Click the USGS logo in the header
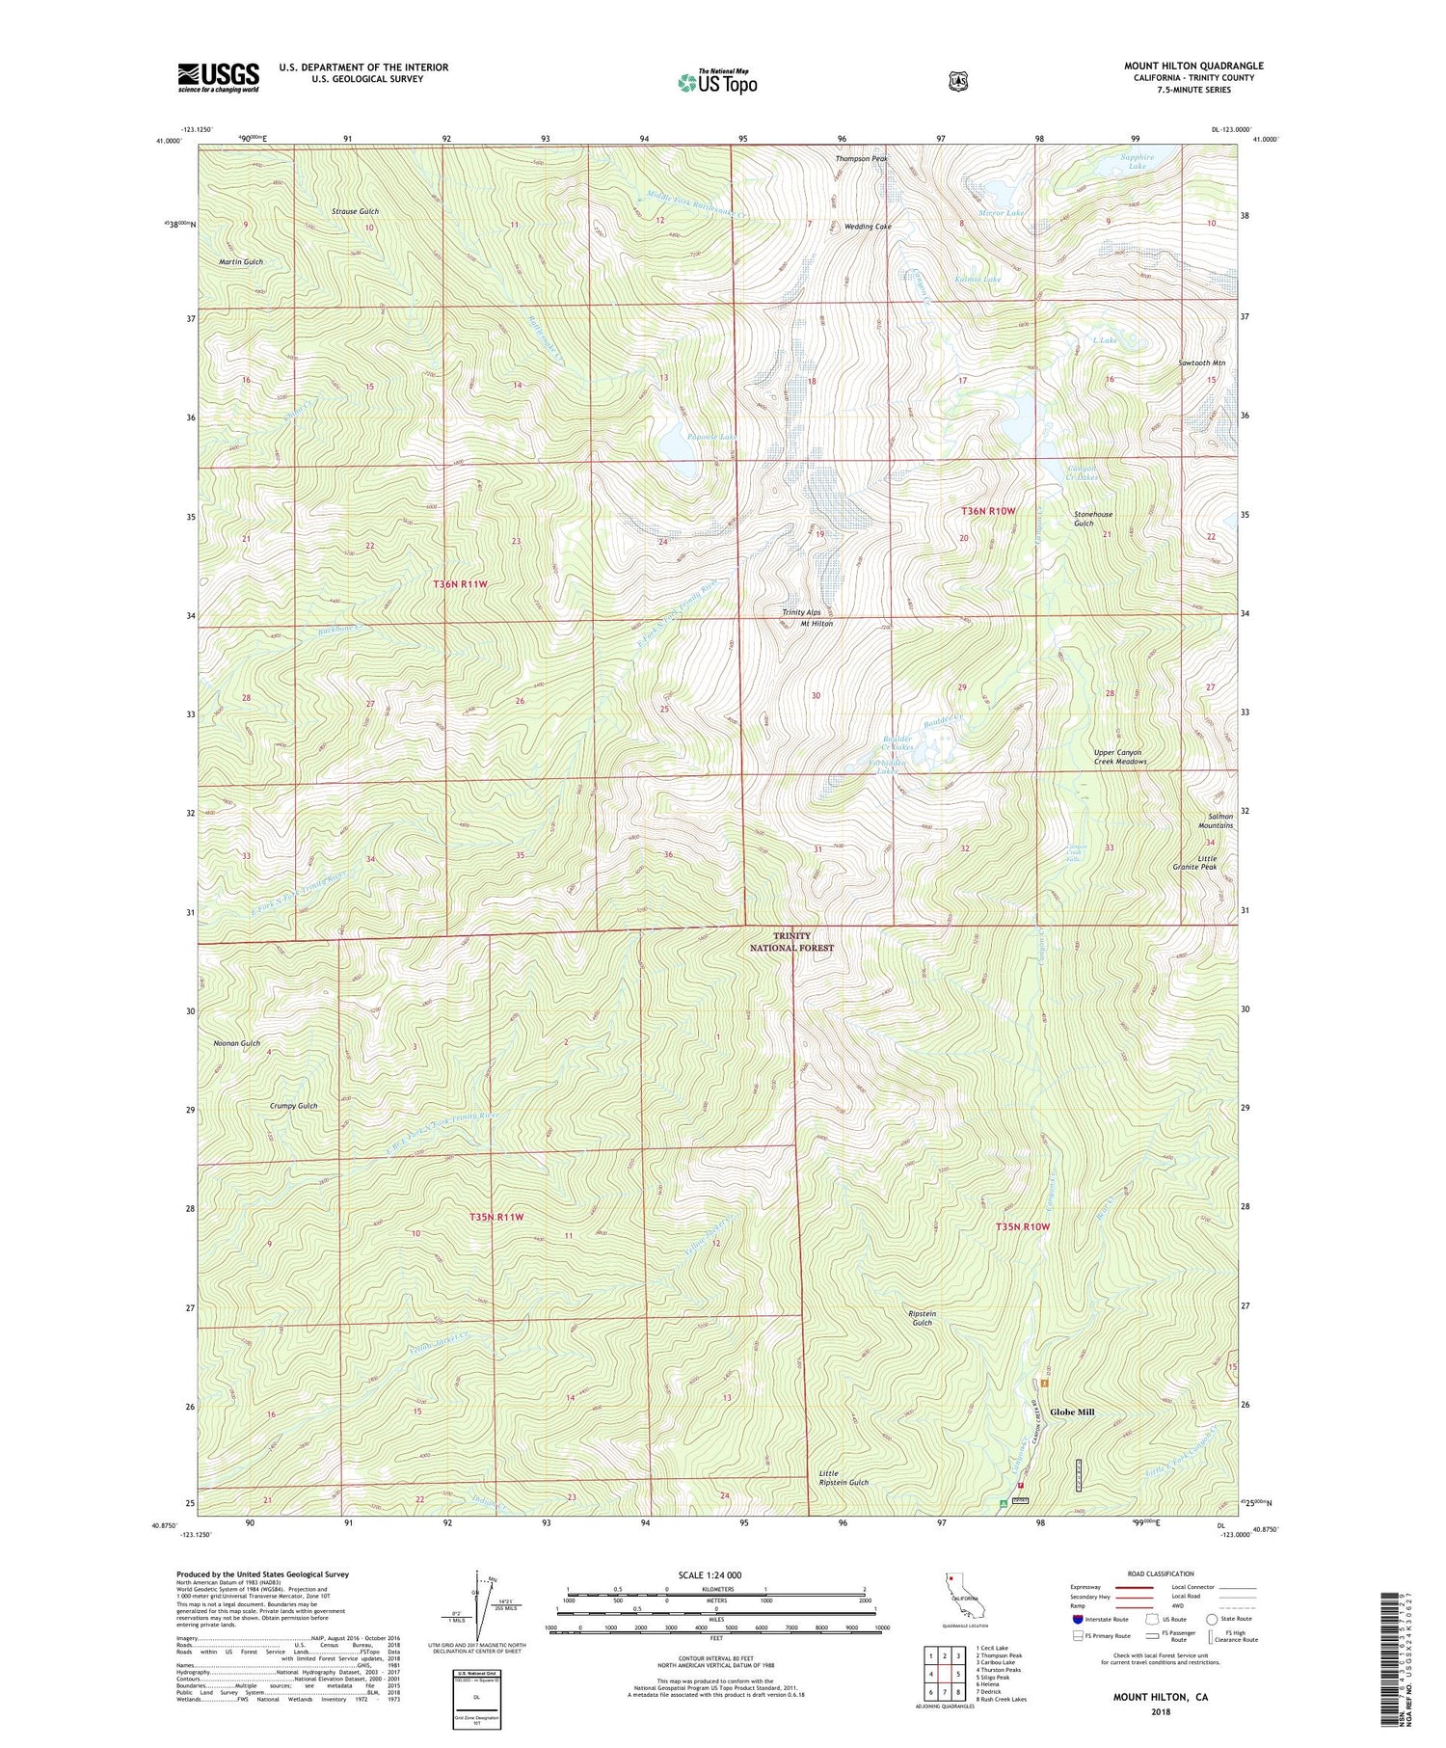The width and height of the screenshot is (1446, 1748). (218, 77)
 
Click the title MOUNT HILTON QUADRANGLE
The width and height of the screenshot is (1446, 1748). (1192, 67)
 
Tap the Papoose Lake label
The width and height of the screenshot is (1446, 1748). (711, 437)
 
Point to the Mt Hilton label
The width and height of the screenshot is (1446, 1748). (817, 624)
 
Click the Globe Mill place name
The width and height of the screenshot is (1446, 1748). (1072, 1412)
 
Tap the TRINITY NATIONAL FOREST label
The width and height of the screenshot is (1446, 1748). (791, 941)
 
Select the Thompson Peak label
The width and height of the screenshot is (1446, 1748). (860, 158)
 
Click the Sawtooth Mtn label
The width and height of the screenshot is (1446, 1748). (1201, 363)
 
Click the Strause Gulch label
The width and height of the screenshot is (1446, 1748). (355, 211)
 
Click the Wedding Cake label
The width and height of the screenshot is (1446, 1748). (868, 227)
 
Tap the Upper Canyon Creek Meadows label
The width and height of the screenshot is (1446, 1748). (1119, 757)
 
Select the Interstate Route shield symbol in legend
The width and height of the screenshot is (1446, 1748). (1077, 1619)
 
